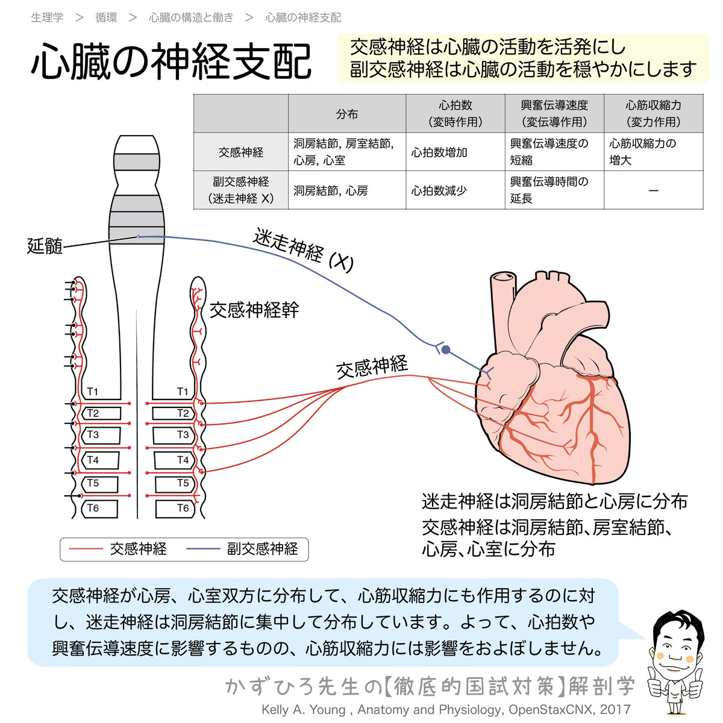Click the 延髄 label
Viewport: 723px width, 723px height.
tap(45, 246)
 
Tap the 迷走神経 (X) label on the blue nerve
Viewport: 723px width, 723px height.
tap(303, 249)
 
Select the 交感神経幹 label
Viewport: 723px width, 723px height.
tap(254, 310)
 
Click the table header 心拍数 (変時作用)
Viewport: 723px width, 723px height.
tap(455, 113)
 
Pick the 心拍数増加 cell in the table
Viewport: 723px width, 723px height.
tap(439, 152)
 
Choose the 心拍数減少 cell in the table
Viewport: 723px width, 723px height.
tap(439, 190)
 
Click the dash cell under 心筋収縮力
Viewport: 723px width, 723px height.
tap(653, 190)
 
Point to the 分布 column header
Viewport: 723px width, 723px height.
tap(347, 114)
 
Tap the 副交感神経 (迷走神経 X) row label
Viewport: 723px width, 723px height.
tap(240, 190)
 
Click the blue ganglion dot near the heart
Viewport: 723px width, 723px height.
tap(445, 349)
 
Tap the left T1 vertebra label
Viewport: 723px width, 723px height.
tap(92, 392)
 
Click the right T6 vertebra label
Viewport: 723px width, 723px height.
tap(183, 508)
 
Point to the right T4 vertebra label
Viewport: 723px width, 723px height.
tap(183, 460)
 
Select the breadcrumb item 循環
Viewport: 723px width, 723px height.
tap(106, 17)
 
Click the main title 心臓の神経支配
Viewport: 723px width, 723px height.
tap(171, 61)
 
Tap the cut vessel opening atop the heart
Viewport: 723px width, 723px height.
tap(503, 278)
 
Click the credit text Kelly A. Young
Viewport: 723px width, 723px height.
tap(304, 710)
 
